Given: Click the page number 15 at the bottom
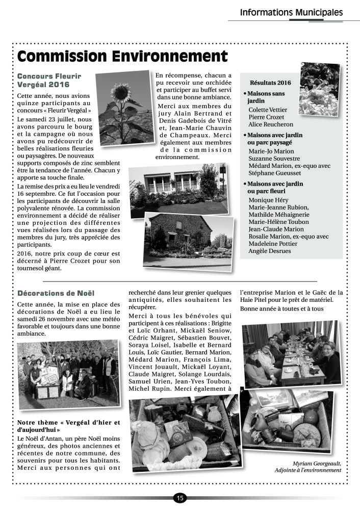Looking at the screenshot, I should (x=179, y=498).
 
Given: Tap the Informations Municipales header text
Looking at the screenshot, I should (x=291, y=12).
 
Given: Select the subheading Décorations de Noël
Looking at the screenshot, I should (x=56, y=293).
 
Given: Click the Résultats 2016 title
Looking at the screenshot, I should (x=270, y=83).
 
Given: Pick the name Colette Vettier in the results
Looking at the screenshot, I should (x=268, y=110).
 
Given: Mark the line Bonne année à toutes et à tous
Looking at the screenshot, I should (x=282, y=309).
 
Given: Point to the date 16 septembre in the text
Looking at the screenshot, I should (x=38, y=195).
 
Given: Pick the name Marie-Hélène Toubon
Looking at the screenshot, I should (x=278, y=222).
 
